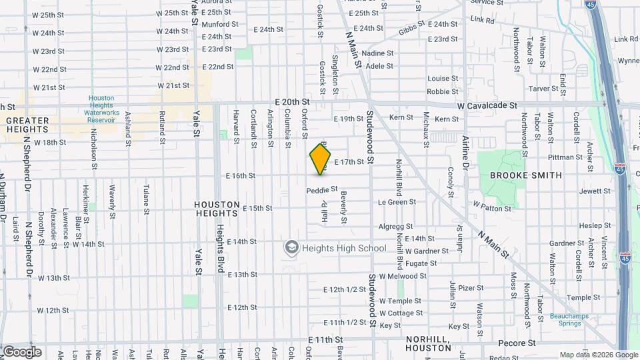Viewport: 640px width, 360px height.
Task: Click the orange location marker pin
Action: (320, 159)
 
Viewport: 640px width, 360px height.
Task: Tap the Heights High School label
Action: (344, 249)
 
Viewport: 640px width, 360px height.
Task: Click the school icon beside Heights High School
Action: (291, 249)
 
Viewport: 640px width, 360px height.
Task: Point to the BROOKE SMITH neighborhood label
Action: (526, 175)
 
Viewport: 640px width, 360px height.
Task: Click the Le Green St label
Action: (397, 201)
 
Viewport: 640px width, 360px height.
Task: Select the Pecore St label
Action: (514, 341)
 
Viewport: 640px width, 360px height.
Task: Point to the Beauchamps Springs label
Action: (569, 320)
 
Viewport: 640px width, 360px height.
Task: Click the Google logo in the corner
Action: (21, 352)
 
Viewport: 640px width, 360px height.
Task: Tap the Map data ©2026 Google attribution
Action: (598, 355)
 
